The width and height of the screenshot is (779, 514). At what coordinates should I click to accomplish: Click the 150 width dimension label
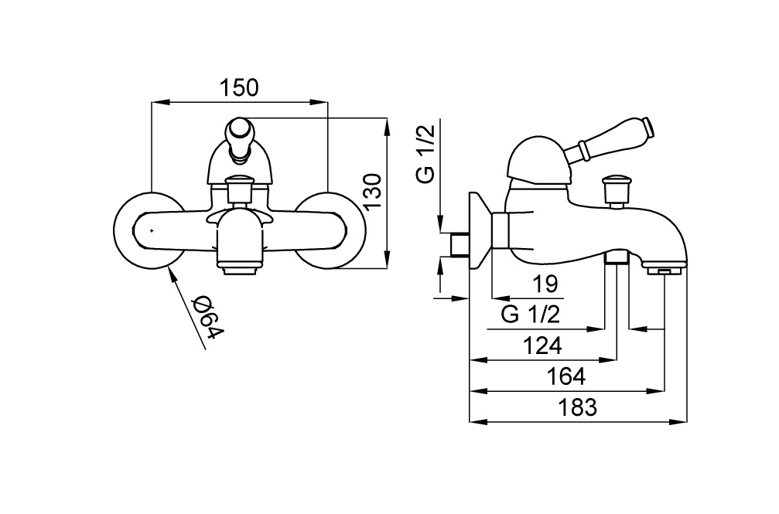pyautogui.click(x=240, y=88)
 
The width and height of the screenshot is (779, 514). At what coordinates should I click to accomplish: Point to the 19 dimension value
pyautogui.click(x=545, y=285)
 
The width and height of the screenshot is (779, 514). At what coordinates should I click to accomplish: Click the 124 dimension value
pyautogui.click(x=542, y=346)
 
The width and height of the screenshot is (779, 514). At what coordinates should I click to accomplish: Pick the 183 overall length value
pyautogui.click(x=578, y=407)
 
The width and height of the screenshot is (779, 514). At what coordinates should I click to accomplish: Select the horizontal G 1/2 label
pyautogui.click(x=530, y=315)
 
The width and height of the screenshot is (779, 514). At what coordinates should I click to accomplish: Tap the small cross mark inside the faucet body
pyautogui.click(x=152, y=230)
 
